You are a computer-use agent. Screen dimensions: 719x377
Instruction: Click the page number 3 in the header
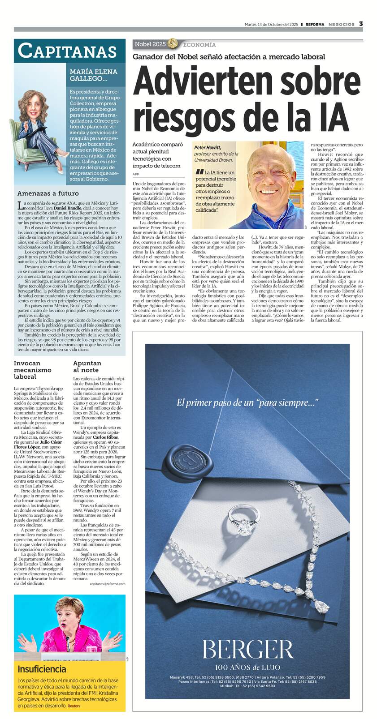[361, 24]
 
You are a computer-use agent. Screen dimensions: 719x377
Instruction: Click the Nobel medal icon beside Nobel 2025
[173, 44]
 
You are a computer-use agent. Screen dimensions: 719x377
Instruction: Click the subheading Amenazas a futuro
[48, 193]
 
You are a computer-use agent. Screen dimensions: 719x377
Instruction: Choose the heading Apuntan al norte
[87, 367]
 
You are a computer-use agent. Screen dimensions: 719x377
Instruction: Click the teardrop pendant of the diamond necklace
[321, 606]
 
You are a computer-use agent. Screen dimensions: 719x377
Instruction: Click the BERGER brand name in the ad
[247, 650]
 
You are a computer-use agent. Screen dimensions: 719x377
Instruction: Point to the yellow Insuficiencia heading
[42, 669]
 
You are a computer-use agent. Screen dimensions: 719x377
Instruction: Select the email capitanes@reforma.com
[107, 584]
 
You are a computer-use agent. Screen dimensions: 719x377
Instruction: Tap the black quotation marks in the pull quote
[199, 172]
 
